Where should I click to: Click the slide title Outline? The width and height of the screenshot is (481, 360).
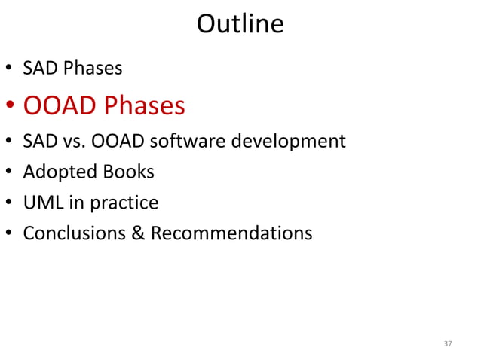point(240,24)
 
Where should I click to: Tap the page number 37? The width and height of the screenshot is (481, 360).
point(448,343)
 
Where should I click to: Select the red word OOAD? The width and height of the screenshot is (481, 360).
point(60,105)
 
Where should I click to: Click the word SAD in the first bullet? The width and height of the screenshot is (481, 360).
point(38,69)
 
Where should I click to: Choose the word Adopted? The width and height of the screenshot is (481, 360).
point(57,172)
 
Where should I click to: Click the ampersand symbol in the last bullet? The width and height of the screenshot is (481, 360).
point(138,233)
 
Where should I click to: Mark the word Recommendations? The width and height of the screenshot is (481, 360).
point(231,233)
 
